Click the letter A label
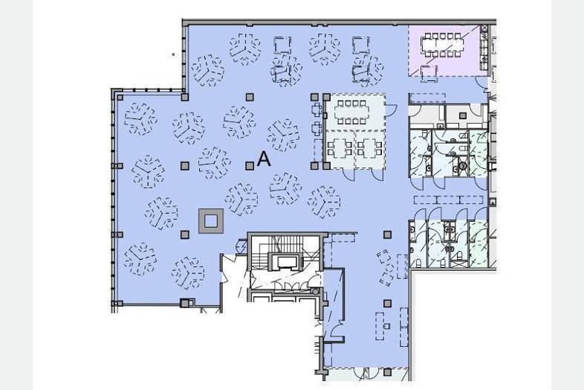(x=264, y=159)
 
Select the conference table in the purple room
(x=443, y=45)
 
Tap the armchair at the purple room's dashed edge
(x=429, y=73)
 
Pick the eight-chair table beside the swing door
(x=352, y=111)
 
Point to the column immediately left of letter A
(x=250, y=166)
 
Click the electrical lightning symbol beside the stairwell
(x=241, y=246)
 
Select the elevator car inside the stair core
(x=285, y=261)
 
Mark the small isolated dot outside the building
(x=173, y=54)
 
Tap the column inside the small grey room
(x=463, y=115)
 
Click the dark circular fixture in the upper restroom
(x=463, y=165)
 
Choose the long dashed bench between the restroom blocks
(x=448, y=200)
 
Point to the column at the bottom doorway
(x=387, y=372)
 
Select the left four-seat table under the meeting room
(x=340, y=148)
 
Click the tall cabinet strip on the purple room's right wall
(x=484, y=48)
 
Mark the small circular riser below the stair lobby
(x=316, y=292)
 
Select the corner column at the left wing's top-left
(x=120, y=97)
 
